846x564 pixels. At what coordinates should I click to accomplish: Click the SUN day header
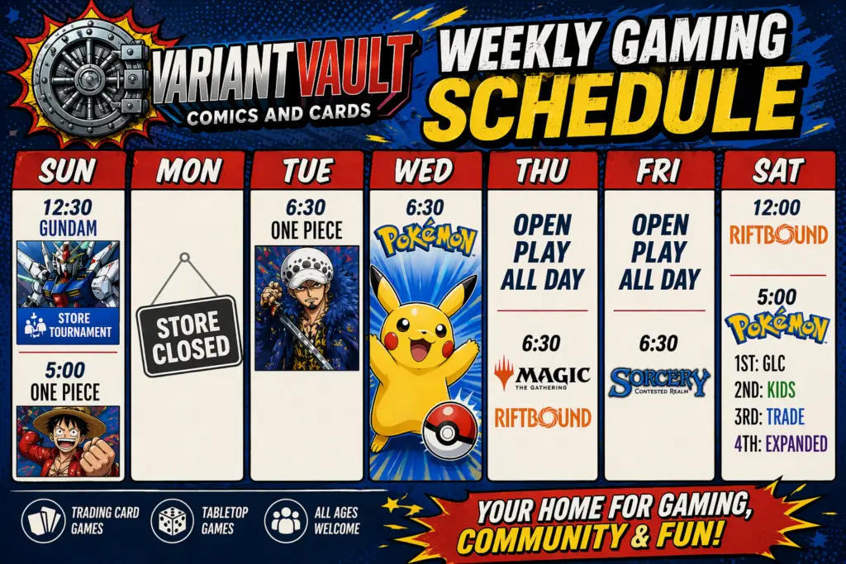click(68, 171)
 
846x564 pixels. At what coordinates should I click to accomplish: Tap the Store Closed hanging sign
click(188, 335)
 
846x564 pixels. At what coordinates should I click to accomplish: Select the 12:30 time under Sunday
click(68, 207)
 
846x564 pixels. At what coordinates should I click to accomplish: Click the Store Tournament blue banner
click(68, 325)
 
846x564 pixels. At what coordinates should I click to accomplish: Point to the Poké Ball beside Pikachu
click(450, 432)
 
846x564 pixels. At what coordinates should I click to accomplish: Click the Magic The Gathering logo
click(542, 374)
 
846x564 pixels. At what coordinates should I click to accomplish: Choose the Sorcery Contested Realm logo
click(660, 382)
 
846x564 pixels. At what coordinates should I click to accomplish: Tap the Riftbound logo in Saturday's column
click(778, 235)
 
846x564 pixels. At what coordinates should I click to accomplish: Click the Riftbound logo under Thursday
click(543, 417)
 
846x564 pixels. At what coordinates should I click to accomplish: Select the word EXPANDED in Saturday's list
click(796, 443)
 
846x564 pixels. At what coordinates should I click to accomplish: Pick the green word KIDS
click(781, 389)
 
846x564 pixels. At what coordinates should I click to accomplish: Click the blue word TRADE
click(786, 416)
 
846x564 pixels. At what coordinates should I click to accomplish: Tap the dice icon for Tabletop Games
click(172, 521)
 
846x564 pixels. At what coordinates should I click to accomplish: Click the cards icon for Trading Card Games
click(43, 521)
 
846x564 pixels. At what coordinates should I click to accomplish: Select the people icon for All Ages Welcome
click(285, 521)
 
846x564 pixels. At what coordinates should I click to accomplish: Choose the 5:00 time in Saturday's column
click(777, 297)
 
